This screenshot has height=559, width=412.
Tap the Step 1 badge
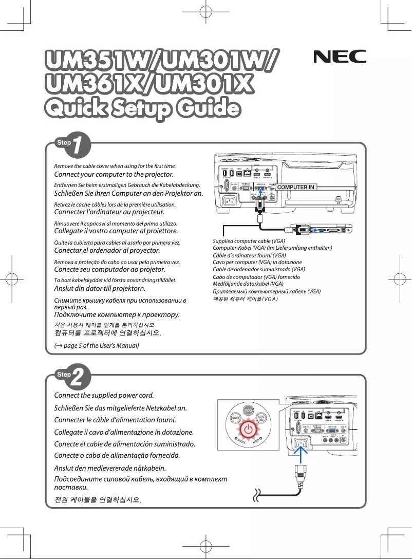[x=74, y=145]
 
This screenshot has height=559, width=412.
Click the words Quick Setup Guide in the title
[x=142, y=109]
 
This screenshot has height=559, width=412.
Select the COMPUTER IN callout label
[x=295, y=187]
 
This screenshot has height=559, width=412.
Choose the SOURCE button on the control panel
[x=234, y=419]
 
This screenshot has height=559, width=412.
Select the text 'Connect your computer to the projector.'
[x=114, y=175]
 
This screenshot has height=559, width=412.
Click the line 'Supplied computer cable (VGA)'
[x=249, y=241]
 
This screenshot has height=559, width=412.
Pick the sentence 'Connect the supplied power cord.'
[x=104, y=395]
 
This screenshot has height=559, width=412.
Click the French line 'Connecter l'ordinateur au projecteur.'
[x=109, y=212]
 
